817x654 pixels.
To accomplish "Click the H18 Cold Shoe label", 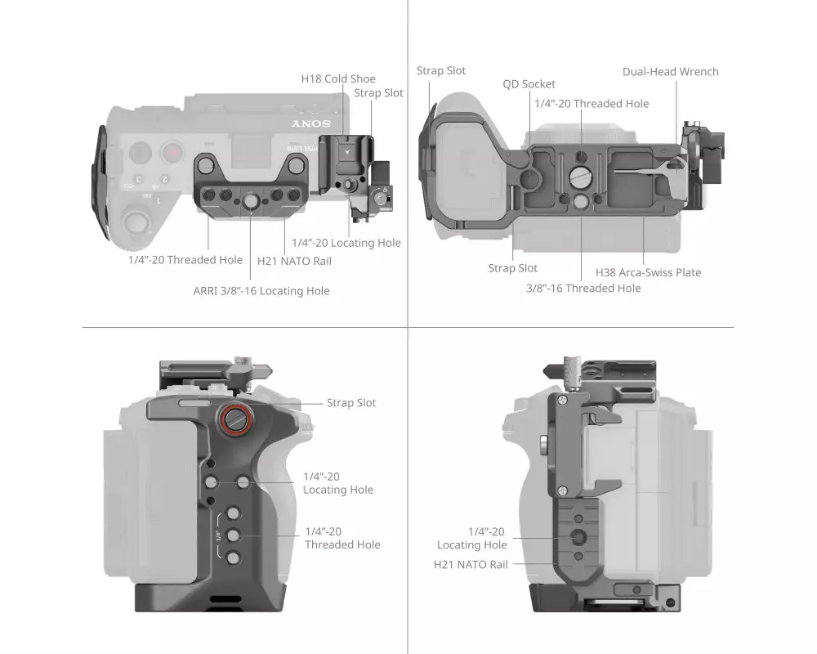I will (338, 78).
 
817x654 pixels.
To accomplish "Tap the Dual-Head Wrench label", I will (670, 72).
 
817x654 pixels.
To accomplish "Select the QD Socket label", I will (529, 84).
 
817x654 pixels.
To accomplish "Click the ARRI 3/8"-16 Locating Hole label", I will (261, 291).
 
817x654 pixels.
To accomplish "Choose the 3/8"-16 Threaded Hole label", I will (583, 288).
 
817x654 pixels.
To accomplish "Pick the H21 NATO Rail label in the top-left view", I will (294, 261).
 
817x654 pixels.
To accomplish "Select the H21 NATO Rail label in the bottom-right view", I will (471, 564).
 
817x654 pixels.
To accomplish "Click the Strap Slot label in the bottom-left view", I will (351, 403).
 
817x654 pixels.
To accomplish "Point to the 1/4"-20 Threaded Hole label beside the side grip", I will (342, 538).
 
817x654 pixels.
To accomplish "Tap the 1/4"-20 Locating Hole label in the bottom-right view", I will (472, 538).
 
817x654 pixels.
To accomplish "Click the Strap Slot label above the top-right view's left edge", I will (441, 71).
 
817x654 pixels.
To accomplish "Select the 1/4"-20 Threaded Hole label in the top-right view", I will (592, 104).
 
